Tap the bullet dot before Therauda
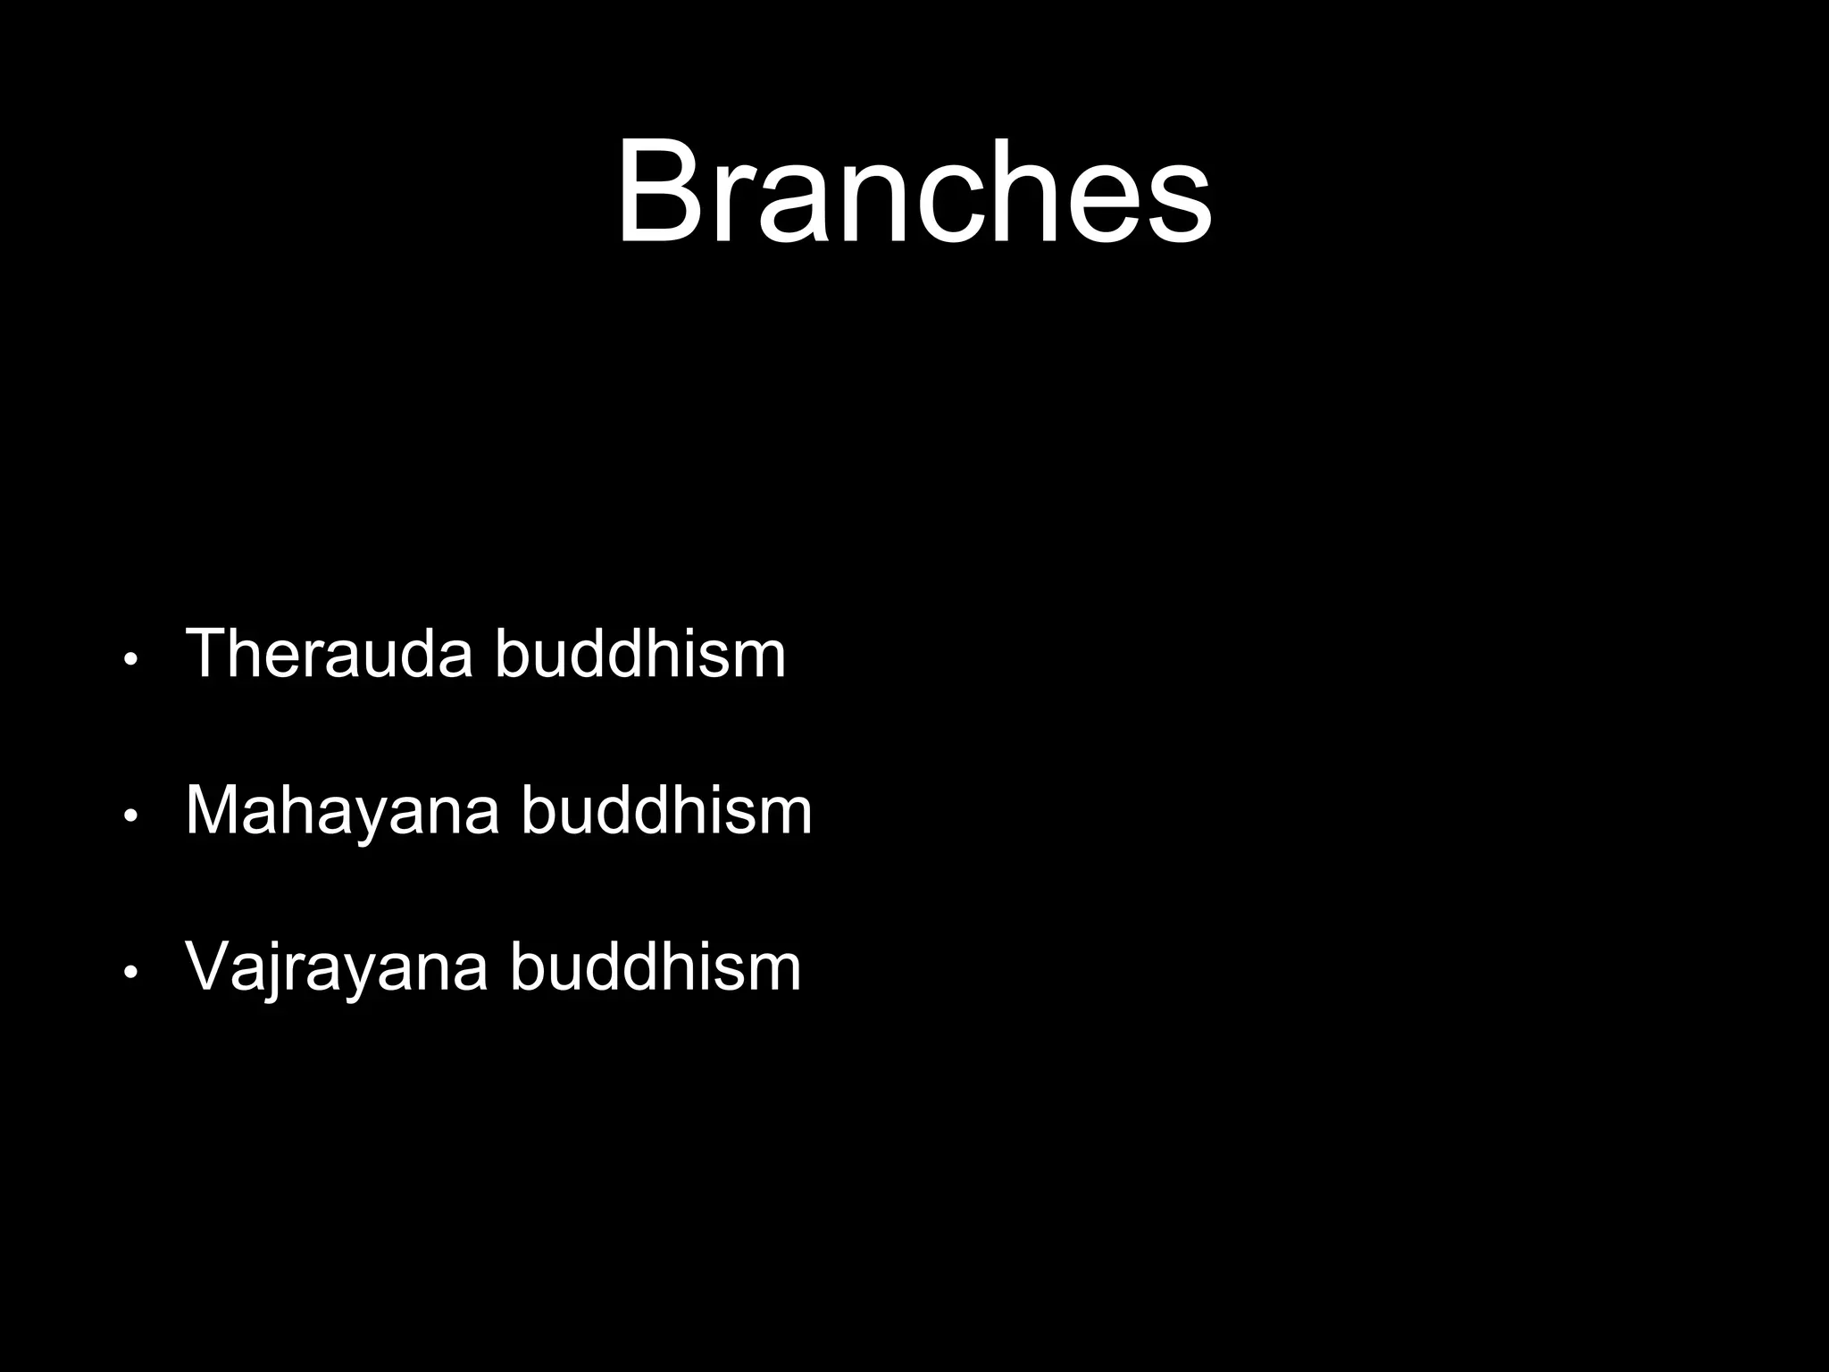pyautogui.click(x=130, y=661)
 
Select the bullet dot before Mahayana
pyautogui.click(x=130, y=816)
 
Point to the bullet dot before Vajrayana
pyautogui.click(x=130, y=973)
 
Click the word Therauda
pyautogui.click(x=328, y=654)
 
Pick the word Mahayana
pyautogui.click(x=341, y=811)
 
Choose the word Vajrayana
pyautogui.click(x=336, y=968)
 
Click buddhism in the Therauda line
pyautogui.click(x=639, y=654)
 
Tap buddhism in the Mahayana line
pyautogui.click(x=666, y=811)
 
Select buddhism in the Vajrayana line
pyautogui.click(x=655, y=968)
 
